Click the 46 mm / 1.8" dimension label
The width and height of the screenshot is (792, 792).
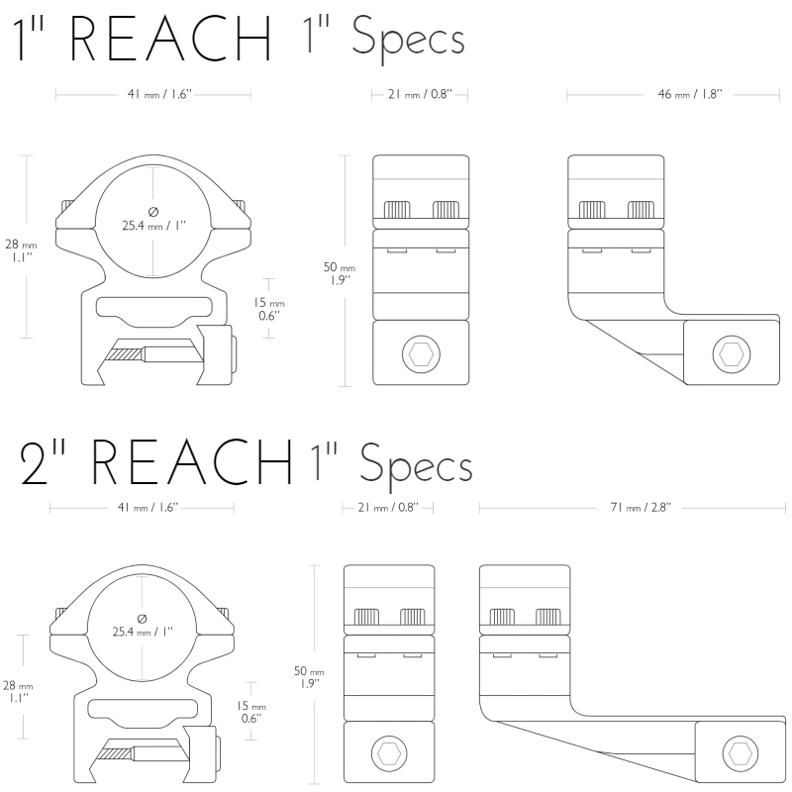(x=690, y=94)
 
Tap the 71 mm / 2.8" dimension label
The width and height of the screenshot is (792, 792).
(x=641, y=507)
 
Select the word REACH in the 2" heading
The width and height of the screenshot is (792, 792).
(x=191, y=461)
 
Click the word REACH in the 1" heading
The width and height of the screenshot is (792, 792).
(x=170, y=39)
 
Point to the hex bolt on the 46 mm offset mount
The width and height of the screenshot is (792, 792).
(x=732, y=354)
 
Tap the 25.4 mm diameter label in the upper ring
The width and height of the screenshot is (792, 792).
(x=154, y=220)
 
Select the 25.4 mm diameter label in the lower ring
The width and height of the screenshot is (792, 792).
(x=143, y=626)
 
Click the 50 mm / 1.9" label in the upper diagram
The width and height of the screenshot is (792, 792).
(x=340, y=273)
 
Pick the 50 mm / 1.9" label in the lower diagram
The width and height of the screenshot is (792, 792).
(x=309, y=677)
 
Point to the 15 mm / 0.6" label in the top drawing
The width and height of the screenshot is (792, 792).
(x=268, y=309)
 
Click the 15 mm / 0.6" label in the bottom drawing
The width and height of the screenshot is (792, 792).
(x=251, y=712)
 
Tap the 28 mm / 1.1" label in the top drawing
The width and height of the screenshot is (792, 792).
(x=21, y=250)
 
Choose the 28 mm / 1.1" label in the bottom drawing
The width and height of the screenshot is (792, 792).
(x=18, y=691)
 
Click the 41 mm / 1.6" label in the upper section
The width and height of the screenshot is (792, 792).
(x=159, y=94)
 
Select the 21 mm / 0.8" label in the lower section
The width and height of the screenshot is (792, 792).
(x=388, y=507)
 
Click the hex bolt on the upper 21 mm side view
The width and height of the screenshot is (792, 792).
(x=421, y=354)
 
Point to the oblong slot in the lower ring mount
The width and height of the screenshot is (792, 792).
(x=143, y=709)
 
